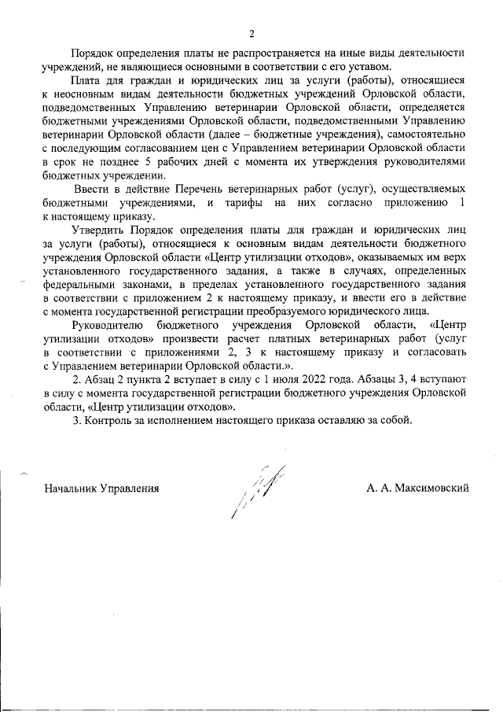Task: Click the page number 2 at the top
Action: pos(251,34)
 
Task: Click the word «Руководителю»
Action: pos(107,325)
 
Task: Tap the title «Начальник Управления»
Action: pos(101,488)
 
